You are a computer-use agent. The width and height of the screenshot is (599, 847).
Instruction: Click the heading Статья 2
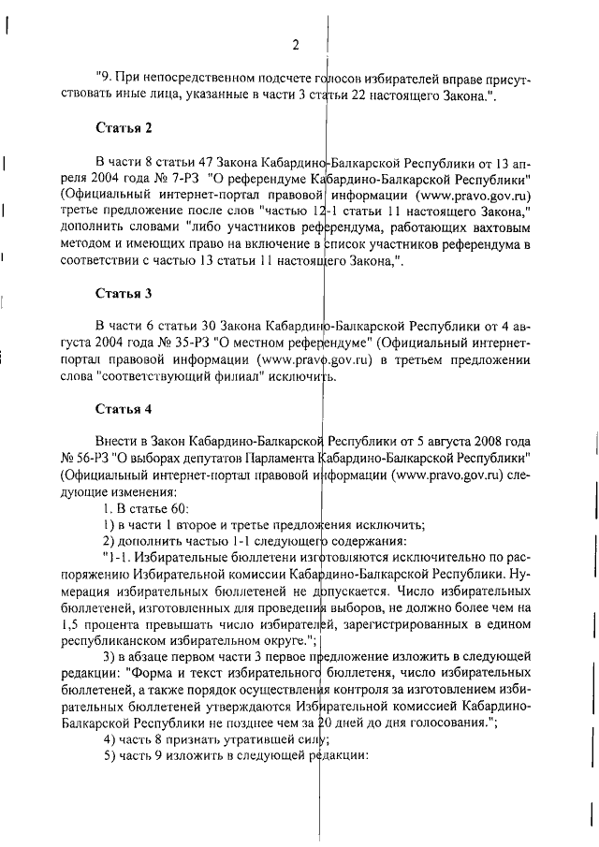click(x=124, y=126)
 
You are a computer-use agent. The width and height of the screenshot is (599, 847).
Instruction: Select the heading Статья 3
click(x=124, y=293)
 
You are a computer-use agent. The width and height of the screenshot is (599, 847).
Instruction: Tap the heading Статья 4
click(x=124, y=409)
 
